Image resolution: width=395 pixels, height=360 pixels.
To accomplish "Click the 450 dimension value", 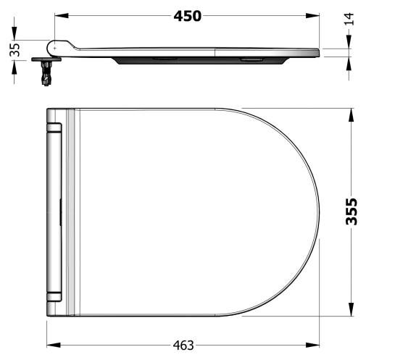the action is (188, 17).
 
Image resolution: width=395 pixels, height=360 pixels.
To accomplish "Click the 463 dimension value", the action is (183, 346).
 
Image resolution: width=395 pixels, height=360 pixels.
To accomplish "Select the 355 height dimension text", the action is (352, 212).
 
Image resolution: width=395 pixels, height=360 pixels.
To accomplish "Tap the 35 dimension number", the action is (14, 50).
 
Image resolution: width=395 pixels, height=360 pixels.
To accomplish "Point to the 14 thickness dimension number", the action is (349, 19).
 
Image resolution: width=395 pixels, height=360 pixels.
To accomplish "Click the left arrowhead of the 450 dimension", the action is (62, 16).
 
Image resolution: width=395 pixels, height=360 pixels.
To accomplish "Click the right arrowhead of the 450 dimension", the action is (312, 16).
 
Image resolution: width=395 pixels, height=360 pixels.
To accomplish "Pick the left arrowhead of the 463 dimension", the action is (54, 345).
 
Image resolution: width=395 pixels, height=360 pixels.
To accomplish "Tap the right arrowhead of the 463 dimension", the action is (312, 345).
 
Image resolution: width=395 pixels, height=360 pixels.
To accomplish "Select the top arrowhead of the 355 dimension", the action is (352, 115).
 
